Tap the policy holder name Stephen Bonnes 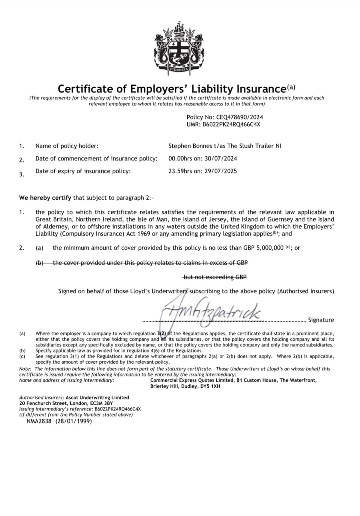click(x=190, y=146)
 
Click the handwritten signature click(x=212, y=310)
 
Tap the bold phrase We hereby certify click(x=45, y=198)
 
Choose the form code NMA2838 click(x=39, y=421)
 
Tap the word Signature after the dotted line click(x=321, y=320)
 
